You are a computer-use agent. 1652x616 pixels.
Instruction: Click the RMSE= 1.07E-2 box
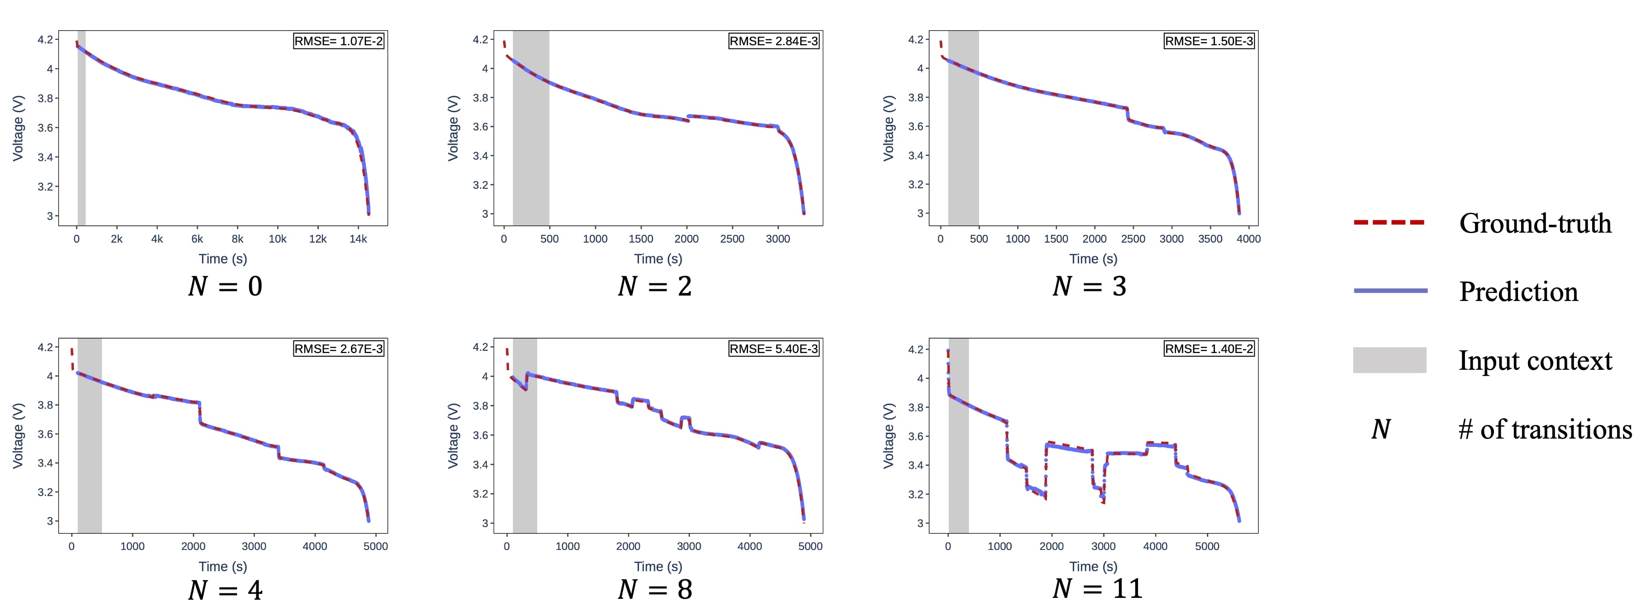click(338, 42)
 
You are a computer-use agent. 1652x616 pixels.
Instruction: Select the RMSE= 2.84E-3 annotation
click(773, 42)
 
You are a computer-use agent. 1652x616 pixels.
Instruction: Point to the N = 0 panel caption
click(225, 286)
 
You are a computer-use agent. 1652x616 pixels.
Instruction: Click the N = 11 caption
click(1097, 588)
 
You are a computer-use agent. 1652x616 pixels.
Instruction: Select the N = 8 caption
click(655, 589)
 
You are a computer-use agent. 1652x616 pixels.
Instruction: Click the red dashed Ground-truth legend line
click(1389, 222)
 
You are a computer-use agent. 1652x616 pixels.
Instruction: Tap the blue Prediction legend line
click(1390, 291)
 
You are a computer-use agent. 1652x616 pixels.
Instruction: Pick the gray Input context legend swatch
click(1390, 360)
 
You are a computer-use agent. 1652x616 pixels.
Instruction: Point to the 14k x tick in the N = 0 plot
click(358, 239)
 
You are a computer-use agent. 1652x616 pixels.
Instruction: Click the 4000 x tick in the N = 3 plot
click(1248, 239)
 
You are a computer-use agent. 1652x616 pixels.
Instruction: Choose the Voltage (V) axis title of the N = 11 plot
click(888, 436)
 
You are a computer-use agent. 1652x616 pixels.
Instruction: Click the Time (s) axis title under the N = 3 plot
click(1093, 259)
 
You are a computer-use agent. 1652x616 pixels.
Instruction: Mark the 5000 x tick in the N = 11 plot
click(1207, 547)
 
